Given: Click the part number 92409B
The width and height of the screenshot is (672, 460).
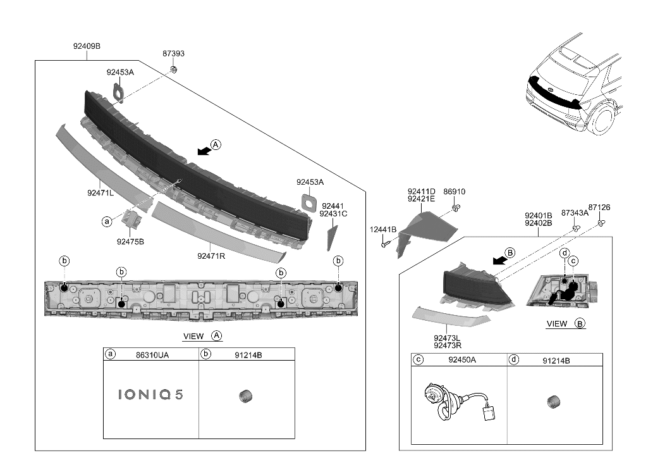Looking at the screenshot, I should click(87, 46).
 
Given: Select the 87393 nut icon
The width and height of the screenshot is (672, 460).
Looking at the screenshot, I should click(175, 68).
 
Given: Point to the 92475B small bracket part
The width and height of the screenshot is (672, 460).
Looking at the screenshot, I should click(132, 219).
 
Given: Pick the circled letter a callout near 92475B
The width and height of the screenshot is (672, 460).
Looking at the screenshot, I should click(107, 221).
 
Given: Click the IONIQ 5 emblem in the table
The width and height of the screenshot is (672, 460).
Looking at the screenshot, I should click(150, 395).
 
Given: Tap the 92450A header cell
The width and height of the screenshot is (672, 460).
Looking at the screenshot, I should click(462, 360).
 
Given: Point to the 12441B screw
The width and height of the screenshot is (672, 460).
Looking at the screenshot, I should click(385, 244).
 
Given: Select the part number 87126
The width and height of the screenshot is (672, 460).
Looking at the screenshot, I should click(599, 207).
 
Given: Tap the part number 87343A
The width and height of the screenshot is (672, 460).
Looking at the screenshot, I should click(575, 213).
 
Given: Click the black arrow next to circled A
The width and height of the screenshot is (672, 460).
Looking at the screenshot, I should click(204, 151).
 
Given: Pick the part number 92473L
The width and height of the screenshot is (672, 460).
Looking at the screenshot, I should click(447, 338).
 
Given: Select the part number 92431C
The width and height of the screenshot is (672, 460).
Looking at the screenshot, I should click(333, 214).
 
